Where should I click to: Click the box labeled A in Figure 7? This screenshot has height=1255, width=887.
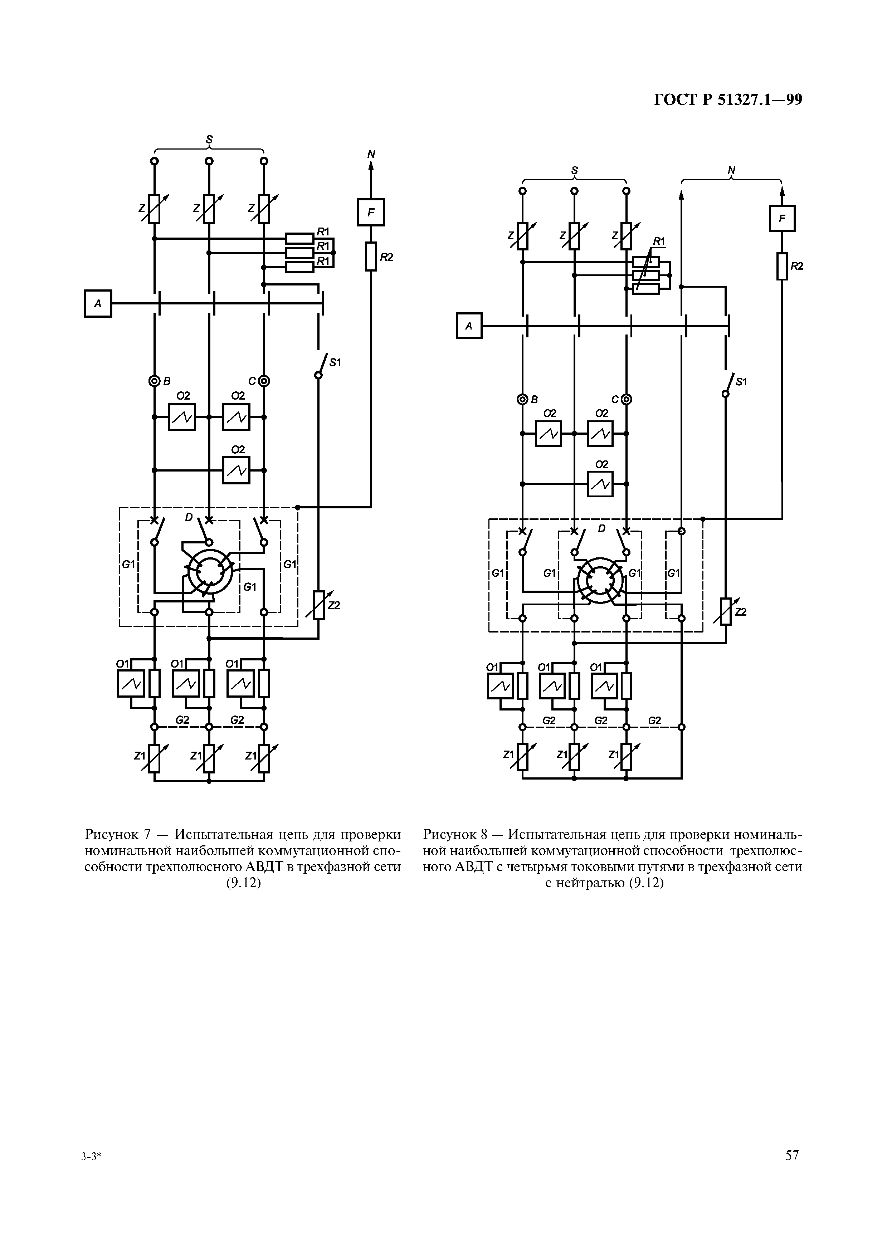pyautogui.click(x=98, y=303)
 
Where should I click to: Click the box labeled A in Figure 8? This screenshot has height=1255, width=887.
pyautogui.click(x=469, y=326)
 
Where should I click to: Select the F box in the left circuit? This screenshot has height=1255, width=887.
pyautogui.click(x=371, y=212)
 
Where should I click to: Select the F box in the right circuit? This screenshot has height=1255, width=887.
pyautogui.click(x=782, y=219)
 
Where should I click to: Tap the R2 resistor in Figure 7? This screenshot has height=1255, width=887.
pyautogui.click(x=371, y=257)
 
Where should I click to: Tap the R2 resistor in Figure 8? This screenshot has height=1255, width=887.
pyautogui.click(x=782, y=266)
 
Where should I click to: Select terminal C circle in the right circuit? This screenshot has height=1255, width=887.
pyautogui.click(x=626, y=400)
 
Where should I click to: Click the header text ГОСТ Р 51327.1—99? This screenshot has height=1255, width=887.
pyautogui.click(x=728, y=99)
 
